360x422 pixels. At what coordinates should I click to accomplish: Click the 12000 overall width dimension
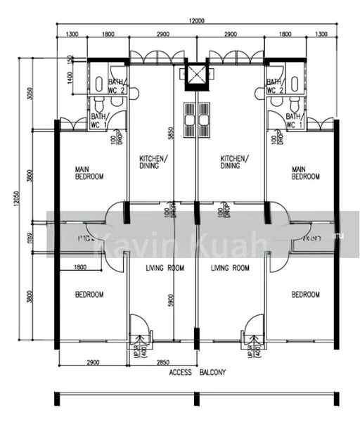196,22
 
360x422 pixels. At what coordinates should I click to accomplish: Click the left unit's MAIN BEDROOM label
89,172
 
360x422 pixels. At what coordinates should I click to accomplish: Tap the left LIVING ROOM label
165,268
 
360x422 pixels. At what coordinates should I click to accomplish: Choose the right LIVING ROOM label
230,268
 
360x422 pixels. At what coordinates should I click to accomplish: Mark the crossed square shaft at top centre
196,75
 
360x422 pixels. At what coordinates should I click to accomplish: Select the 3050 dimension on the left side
29,95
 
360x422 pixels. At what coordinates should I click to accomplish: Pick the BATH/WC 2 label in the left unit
98,86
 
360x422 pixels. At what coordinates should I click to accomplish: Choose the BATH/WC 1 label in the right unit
292,120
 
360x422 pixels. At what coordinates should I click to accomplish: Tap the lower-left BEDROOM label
89,294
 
